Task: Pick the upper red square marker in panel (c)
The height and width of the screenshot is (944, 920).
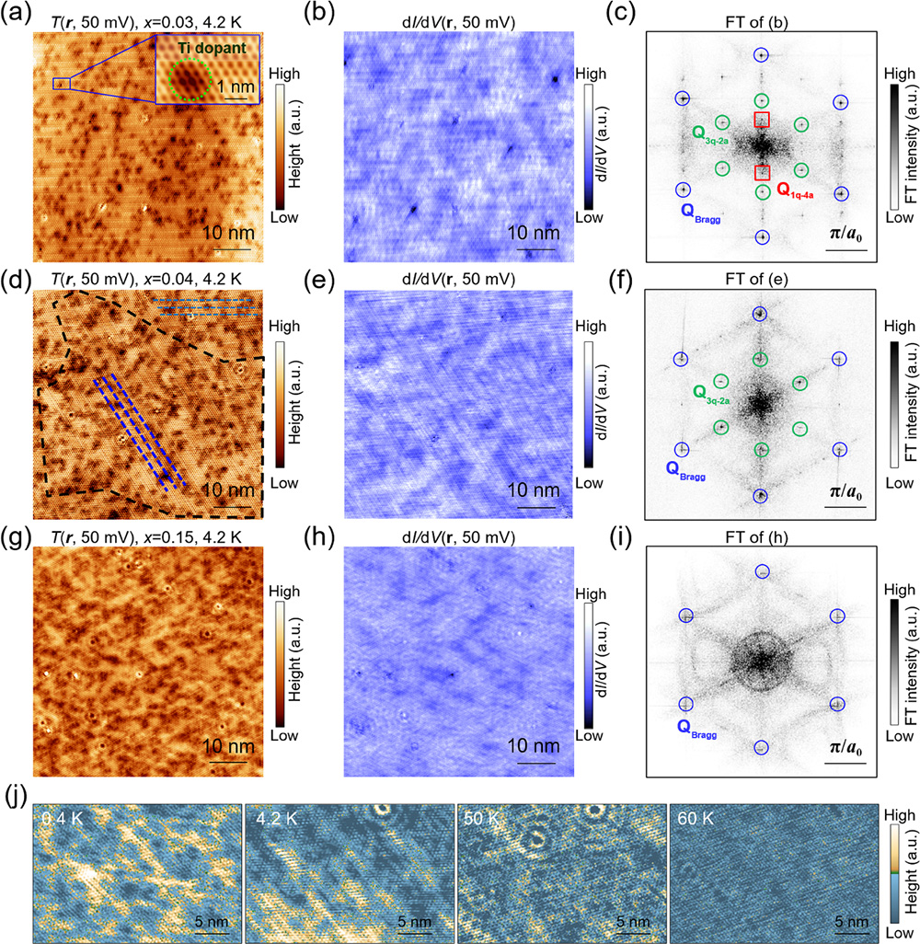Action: [x=762, y=119]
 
